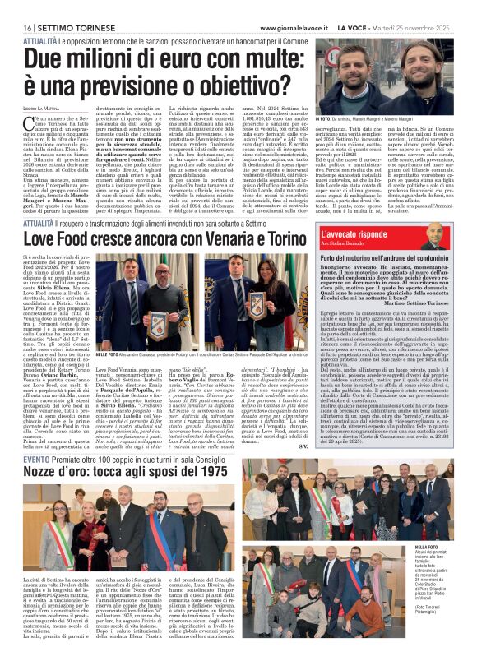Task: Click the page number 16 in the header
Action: point(16,29)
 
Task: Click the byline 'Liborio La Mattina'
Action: point(42,110)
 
